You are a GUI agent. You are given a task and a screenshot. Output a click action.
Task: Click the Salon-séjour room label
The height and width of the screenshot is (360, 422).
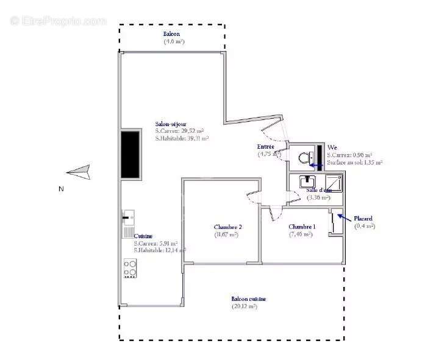tap(171, 124)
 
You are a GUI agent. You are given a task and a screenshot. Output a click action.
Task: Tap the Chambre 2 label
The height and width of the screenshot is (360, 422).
tap(226, 227)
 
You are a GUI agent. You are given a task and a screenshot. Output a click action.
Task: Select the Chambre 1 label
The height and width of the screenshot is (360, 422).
tap(302, 227)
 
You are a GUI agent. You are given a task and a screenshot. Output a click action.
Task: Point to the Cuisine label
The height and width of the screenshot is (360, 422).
tap(143, 236)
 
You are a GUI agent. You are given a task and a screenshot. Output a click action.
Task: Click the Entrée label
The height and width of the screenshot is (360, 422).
tap(265, 147)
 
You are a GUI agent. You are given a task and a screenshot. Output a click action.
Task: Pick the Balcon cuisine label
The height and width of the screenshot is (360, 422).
tap(248, 299)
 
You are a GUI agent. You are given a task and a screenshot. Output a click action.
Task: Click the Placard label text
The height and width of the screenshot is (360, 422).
tap(363, 218)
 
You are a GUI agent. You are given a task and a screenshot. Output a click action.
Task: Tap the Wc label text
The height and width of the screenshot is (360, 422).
tap(332, 147)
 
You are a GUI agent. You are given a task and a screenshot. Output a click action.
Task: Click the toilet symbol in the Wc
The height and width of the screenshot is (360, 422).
tap(303, 158)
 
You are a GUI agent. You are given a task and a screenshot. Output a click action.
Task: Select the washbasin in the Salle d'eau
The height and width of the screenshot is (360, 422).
tap(307, 181)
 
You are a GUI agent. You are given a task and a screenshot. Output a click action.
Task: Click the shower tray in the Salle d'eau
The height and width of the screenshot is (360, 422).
tap(333, 182)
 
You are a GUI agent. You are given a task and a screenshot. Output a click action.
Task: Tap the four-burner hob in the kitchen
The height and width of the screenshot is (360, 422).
tap(130, 269)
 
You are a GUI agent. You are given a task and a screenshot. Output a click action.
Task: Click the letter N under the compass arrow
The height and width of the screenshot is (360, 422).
tap(61, 189)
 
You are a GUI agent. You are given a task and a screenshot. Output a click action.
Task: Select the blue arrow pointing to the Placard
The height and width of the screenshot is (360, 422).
tap(344, 217)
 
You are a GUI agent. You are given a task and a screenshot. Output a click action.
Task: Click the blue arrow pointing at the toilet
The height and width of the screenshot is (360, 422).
tap(315, 164)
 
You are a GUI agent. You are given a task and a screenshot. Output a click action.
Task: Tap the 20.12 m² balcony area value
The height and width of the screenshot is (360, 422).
tap(244, 306)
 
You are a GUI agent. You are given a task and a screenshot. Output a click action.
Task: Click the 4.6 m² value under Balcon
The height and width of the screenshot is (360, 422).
tap(174, 41)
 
